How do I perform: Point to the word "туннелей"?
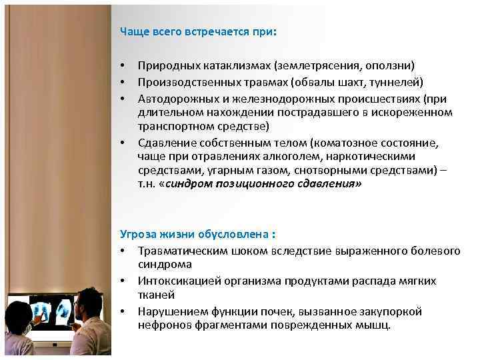coord(398,82)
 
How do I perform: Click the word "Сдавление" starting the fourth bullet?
coord(165,143)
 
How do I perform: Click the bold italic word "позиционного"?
coord(247,185)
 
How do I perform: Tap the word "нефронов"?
coord(162,325)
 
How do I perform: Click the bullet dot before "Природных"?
coord(123,66)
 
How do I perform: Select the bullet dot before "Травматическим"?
coord(123,251)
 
